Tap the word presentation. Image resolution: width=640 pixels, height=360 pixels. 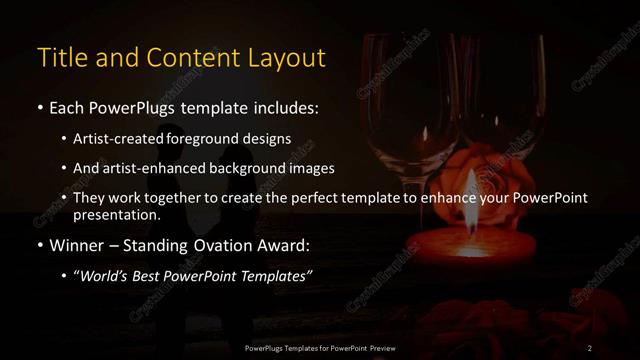115,214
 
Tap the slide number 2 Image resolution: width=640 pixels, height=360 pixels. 590,347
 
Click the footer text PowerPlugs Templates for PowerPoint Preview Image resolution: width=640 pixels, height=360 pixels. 321,347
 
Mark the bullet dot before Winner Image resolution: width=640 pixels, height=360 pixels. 39,244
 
